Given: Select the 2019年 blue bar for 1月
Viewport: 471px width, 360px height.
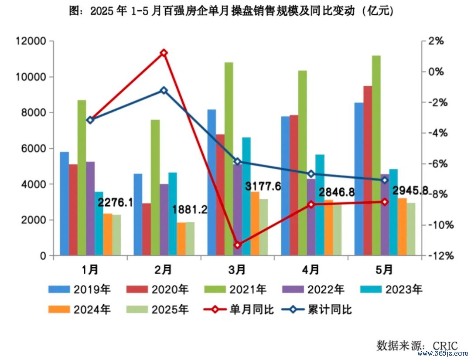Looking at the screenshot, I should pos(65,203).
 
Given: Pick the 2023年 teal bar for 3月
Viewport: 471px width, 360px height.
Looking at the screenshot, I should pos(246,196).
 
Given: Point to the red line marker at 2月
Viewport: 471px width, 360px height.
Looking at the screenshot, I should pos(164,53).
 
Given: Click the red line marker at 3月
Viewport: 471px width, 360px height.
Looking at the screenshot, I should pos(237,245).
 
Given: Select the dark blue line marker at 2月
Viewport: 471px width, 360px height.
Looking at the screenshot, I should pos(164,91).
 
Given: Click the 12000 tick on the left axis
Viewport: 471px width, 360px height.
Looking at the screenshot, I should pos(31,41).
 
